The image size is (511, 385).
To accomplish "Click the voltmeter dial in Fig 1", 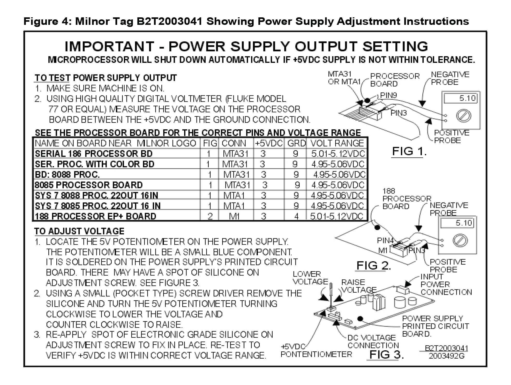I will click(463, 116).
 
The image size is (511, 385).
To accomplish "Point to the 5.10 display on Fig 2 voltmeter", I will click(457, 223).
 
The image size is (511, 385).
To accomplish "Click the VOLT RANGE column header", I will click(337, 143).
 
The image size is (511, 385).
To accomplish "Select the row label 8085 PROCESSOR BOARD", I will click(89, 185).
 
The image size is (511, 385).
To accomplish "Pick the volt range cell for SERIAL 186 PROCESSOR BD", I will click(338, 154).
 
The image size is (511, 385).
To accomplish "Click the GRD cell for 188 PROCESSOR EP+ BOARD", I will click(296, 216).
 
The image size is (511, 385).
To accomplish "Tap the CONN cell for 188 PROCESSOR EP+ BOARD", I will click(235, 216).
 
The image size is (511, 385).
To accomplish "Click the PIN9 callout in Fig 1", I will click(388, 95).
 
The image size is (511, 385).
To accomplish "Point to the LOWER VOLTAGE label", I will click(310, 278).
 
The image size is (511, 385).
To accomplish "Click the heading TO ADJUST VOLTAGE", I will click(79, 231).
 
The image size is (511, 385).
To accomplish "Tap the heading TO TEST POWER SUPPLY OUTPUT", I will click(106, 78).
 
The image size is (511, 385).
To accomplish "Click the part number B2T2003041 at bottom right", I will click(446, 348).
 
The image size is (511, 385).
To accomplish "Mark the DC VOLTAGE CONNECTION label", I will click(373, 342).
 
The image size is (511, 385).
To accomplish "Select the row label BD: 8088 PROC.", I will click(67, 175).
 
